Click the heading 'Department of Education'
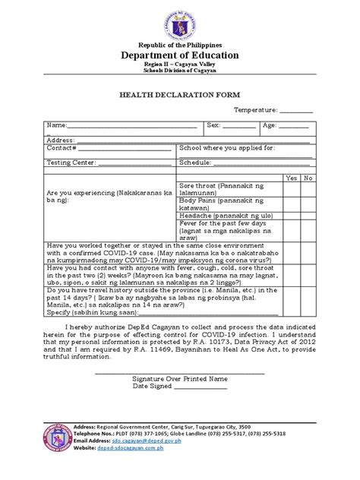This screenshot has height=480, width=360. click(x=180, y=55)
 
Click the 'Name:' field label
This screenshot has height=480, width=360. click(x=57, y=125)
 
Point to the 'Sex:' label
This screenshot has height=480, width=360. click(x=213, y=125)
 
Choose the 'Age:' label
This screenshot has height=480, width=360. click(x=270, y=125)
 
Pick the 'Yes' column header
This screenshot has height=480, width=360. click(x=291, y=177)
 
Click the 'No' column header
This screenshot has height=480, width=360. click(x=308, y=177)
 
